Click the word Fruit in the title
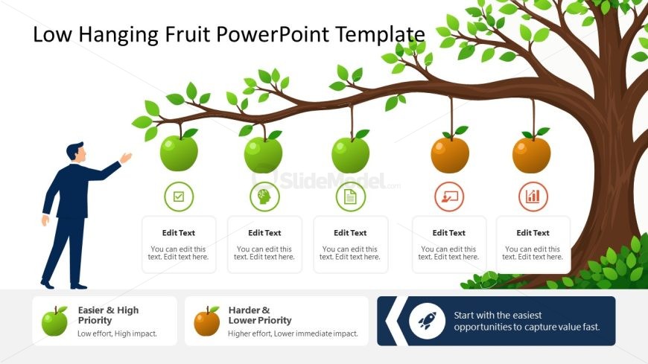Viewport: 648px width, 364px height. coord(188,34)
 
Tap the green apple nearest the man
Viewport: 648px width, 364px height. coord(179,153)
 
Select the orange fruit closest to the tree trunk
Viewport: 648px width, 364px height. coord(532,155)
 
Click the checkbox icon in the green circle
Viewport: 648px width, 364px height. coord(179,197)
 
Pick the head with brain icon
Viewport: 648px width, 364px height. coord(264,197)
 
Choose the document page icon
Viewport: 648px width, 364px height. coord(351,197)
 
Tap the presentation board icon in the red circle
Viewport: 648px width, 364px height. coord(449,197)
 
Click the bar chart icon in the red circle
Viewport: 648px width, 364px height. coord(533,197)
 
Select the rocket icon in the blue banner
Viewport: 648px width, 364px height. coord(427,321)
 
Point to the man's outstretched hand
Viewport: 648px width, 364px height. coord(126,157)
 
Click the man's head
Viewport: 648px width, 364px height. coord(76,152)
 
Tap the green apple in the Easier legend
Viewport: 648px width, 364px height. coord(54,321)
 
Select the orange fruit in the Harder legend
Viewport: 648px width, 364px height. coord(207,322)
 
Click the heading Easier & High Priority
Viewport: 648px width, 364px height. coord(108,316)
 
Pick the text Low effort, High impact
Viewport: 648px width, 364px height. coord(118,333)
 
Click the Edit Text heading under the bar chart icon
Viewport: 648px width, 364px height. coord(533,233)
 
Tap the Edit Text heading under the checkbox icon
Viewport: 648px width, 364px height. coord(179,233)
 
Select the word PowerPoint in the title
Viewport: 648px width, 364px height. coord(273,34)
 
